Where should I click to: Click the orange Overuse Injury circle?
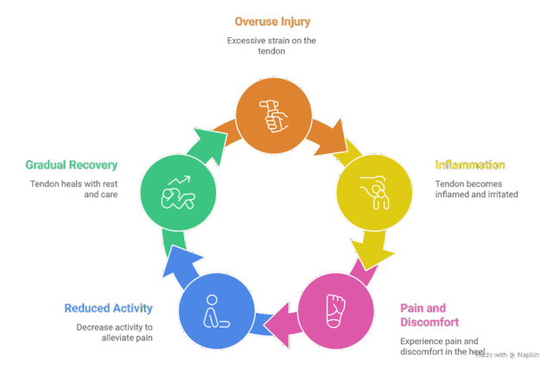tap(276, 115)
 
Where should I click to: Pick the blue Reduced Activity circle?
tap(216, 310)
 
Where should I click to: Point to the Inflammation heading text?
tap(470, 165)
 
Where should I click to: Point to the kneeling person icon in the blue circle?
tap(215, 310)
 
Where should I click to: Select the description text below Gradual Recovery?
tap(73, 189)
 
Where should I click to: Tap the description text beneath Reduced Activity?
tap(113, 331)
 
